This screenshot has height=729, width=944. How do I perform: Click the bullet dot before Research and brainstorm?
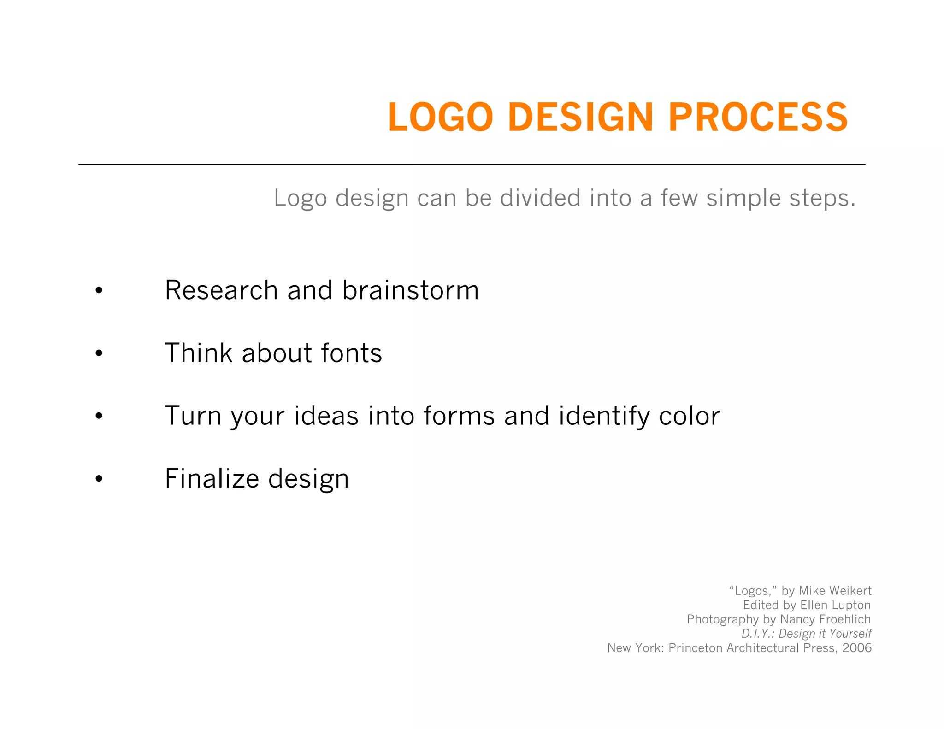point(99,291)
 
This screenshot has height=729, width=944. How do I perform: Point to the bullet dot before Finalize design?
point(99,479)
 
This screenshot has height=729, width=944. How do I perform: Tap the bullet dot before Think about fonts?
point(99,353)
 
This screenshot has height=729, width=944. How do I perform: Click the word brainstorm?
point(410,290)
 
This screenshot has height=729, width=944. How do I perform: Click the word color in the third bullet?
point(689,416)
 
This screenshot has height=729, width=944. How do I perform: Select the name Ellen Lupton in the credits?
point(835,605)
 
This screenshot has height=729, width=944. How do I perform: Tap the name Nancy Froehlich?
point(825,619)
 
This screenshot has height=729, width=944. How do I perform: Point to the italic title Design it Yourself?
point(825,634)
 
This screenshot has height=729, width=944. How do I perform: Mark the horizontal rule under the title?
point(472,164)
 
